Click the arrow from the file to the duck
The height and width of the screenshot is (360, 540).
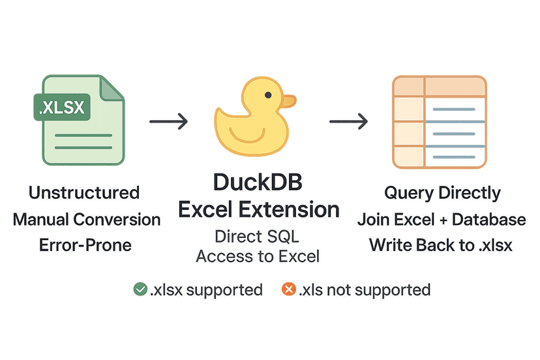(168, 121)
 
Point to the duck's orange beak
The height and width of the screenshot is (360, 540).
(288, 101)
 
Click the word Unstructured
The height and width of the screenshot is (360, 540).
(84, 193)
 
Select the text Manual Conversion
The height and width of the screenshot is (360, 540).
(86, 219)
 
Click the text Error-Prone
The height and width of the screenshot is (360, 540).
(84, 245)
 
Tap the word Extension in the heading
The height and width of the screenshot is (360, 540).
(297, 210)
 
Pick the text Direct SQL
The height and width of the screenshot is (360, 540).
(258, 236)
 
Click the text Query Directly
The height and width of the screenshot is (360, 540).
(442, 193)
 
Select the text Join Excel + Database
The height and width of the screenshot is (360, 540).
(442, 219)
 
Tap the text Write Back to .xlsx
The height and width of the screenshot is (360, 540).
(442, 245)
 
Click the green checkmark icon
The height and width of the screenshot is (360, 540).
(140, 289)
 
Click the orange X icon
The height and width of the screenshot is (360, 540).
(288, 289)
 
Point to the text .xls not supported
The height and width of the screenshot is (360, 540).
(365, 290)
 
